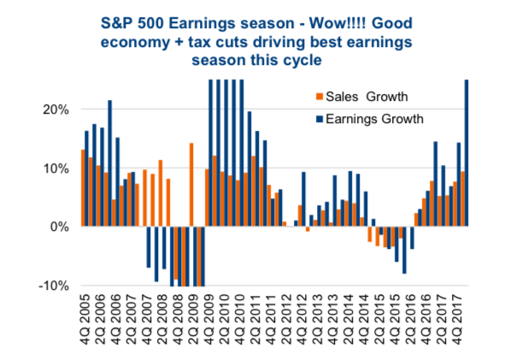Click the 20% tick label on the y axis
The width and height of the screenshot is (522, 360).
click(x=56, y=109)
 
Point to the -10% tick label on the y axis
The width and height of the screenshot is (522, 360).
click(x=54, y=286)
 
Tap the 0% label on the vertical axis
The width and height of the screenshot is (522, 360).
click(x=60, y=227)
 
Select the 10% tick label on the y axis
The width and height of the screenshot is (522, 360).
click(x=56, y=168)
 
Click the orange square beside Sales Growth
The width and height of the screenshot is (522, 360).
click(x=320, y=97)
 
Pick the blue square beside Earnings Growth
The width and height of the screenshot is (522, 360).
click(x=320, y=119)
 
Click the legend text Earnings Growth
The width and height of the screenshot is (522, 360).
click(x=374, y=119)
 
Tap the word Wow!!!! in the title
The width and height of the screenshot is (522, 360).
click(x=337, y=23)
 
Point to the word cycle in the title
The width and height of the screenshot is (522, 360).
click(x=302, y=61)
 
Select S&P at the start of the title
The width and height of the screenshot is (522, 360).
click(x=115, y=23)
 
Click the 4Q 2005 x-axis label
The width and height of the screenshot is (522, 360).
click(x=85, y=319)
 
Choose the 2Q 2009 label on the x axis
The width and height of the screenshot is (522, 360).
click(x=193, y=319)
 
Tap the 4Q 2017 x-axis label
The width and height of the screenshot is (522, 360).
click(x=456, y=319)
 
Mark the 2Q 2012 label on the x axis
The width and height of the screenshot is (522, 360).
click(x=285, y=319)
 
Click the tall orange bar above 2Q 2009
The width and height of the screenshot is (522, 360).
click(x=191, y=185)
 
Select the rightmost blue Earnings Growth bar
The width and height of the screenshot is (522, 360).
click(x=466, y=153)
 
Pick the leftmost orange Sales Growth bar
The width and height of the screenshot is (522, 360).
click(x=83, y=188)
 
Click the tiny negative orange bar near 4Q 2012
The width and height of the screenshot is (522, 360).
click(x=308, y=229)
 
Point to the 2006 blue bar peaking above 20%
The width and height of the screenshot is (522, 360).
click(x=110, y=163)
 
